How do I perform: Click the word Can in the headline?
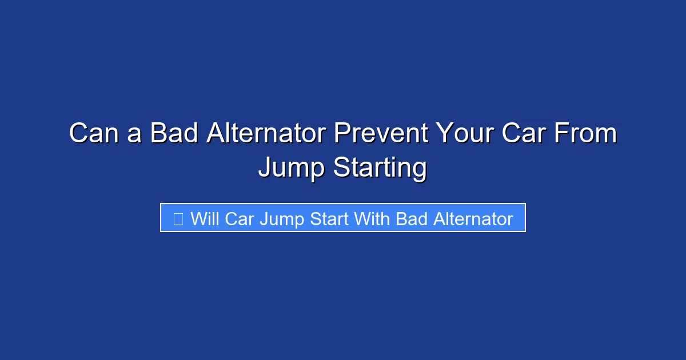coord(89,134)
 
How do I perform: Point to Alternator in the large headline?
coord(266,134)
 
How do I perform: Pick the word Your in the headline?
coord(465,134)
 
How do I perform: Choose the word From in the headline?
coord(588,134)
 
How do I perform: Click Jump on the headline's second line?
coord(292,169)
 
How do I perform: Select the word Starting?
coord(380,169)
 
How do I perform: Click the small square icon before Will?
coord(178,219)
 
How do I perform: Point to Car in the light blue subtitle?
coord(240,219)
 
